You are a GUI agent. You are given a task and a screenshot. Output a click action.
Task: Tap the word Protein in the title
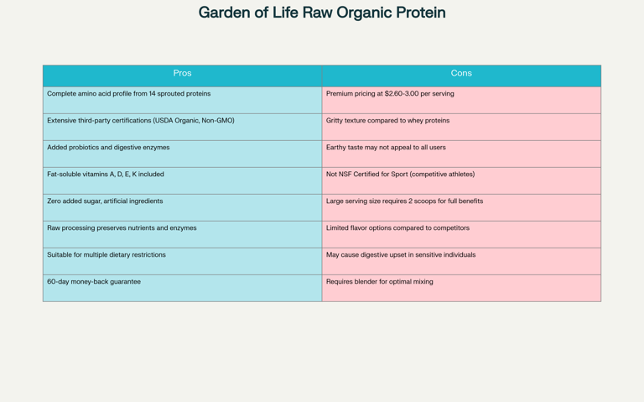tap(421, 13)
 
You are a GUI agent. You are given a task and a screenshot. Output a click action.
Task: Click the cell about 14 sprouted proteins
tap(182, 101)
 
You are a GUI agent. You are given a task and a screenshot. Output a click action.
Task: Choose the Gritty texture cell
tap(461, 127)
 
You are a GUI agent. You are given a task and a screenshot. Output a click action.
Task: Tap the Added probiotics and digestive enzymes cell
tap(182, 154)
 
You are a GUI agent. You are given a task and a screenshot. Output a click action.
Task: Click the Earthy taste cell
tap(461, 154)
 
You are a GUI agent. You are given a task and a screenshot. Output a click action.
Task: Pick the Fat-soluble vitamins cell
tap(182, 181)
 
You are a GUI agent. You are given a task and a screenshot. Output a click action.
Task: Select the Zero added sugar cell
tap(182, 207)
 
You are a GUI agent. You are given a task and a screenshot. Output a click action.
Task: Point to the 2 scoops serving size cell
tap(461, 207)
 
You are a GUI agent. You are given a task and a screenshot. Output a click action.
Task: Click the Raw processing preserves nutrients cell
tap(182, 234)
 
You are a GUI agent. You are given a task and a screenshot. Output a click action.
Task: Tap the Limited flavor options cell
tap(461, 234)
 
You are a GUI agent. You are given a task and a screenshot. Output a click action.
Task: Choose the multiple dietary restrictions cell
tap(182, 261)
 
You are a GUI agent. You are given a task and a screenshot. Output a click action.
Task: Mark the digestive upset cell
tap(461, 261)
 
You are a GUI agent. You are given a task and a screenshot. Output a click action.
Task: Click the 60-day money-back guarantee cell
tap(182, 288)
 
